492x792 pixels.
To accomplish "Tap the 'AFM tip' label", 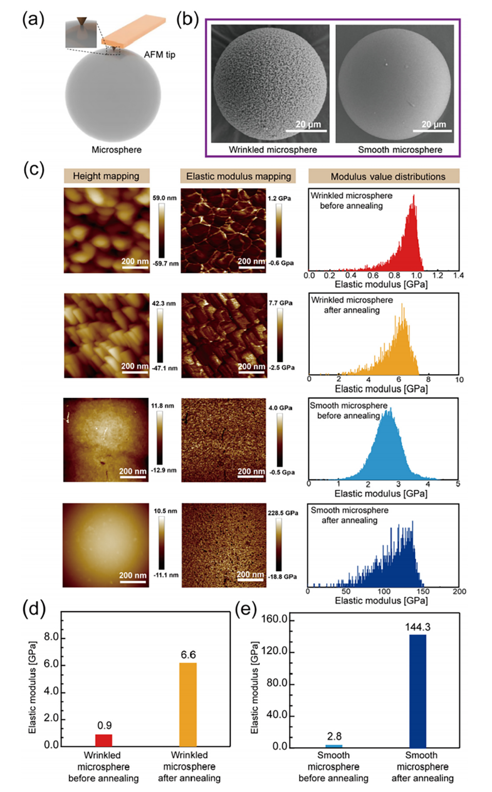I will click(159, 55).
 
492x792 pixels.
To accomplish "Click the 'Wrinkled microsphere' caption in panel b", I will click(273, 149).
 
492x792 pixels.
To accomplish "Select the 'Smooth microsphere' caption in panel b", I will click(400, 149).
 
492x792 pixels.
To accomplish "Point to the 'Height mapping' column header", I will click(106, 176).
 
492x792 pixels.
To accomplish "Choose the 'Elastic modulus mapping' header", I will click(239, 176).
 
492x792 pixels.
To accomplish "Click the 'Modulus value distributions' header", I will click(387, 177).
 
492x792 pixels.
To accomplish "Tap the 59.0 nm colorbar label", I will click(164, 198).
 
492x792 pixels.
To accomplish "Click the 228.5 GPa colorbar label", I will click(283, 513).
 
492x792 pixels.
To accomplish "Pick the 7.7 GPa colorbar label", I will click(280, 303).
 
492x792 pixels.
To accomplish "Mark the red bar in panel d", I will click(104, 740).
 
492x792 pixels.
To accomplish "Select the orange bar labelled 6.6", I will click(188, 704).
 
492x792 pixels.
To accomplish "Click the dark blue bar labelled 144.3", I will click(417, 690).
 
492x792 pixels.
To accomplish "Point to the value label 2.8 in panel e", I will click(334, 736).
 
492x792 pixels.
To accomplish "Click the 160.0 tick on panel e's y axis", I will click(274, 619).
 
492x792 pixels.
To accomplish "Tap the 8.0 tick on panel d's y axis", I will click(51, 637).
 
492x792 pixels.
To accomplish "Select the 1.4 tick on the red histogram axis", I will click(458, 276).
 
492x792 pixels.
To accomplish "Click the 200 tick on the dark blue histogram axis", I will click(459, 592).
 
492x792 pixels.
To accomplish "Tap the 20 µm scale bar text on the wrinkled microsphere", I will click(308, 124).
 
